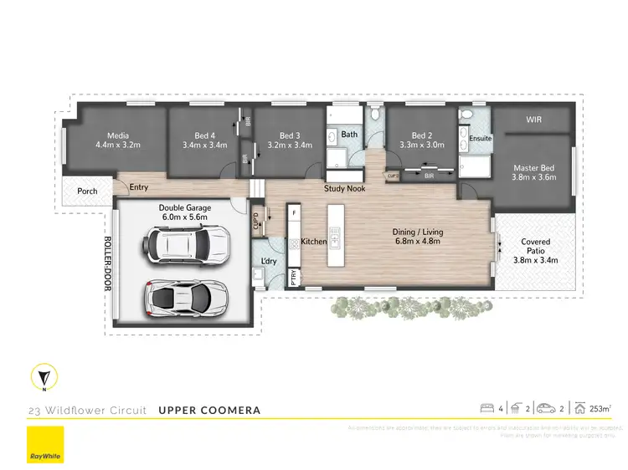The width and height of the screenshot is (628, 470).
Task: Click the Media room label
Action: (117, 135)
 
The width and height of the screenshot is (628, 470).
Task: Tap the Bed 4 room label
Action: (204, 135)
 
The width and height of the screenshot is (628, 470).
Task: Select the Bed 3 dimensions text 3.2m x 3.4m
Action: (290, 145)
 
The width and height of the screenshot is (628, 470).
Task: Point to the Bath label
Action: (349, 134)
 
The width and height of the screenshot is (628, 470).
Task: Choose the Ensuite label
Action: (481, 138)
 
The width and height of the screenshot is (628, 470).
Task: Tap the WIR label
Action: (533, 120)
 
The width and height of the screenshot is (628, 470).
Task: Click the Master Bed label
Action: (533, 168)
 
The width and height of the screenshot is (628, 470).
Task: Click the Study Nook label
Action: (344, 189)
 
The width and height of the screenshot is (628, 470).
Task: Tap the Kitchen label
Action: (314, 242)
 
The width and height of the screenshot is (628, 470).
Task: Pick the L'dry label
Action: (269, 263)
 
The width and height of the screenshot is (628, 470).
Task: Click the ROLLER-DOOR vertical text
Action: (106, 263)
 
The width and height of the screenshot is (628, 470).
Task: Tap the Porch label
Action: (87, 192)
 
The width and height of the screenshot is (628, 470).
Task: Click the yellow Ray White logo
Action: (44, 445)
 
